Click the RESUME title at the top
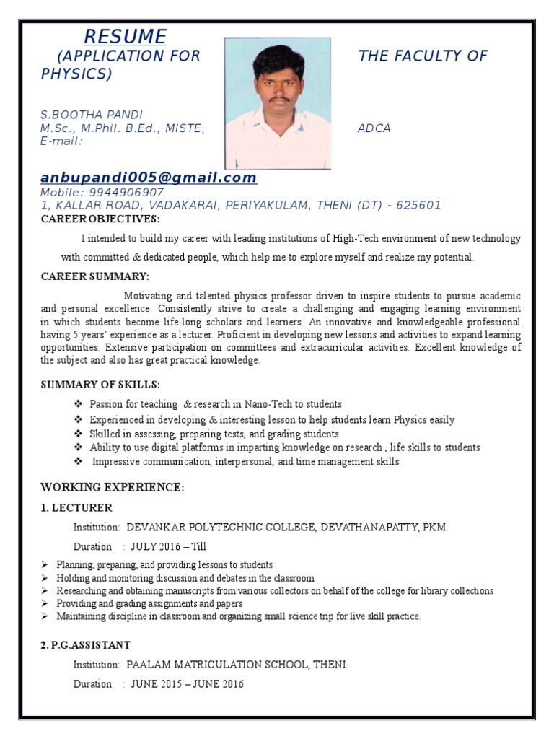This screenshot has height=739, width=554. click(x=126, y=36)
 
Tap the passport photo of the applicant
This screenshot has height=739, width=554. click(x=278, y=103)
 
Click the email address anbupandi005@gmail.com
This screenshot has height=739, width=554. click(x=149, y=178)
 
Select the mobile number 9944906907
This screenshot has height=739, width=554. click(x=126, y=193)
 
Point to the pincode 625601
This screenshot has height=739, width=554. click(x=417, y=205)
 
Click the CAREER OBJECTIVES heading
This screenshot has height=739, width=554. click(x=100, y=219)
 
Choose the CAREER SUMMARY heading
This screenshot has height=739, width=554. click(x=95, y=276)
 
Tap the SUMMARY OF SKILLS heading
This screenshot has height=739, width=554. click(x=100, y=385)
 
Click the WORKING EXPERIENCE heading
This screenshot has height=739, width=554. click(x=112, y=488)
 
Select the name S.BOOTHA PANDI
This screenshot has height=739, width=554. click(x=92, y=115)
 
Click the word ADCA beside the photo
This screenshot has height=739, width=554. click(x=374, y=128)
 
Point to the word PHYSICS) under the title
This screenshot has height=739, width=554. click(x=76, y=74)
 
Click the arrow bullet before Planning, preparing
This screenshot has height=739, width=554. click(x=45, y=564)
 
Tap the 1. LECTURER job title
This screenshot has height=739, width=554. click(x=76, y=508)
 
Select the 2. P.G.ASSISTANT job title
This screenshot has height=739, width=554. click(x=86, y=644)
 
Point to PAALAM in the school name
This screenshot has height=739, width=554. click(x=147, y=664)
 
